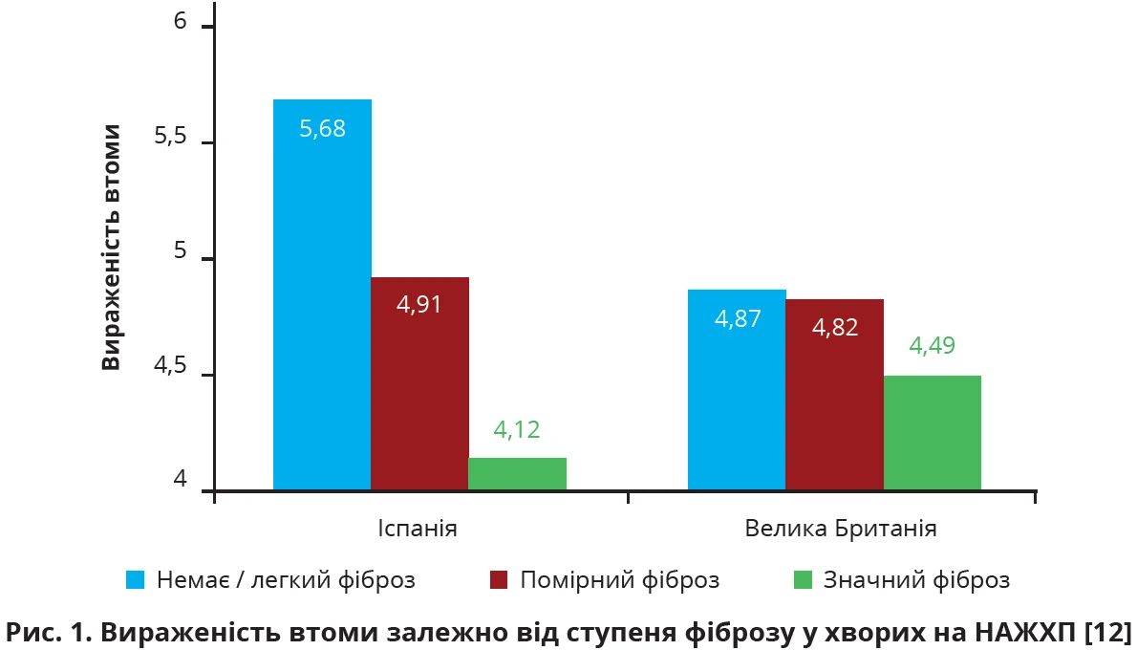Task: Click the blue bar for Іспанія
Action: [x=322, y=296]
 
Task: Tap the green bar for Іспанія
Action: [x=517, y=474]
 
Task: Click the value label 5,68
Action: [x=322, y=129]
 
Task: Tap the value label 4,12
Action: [x=517, y=430]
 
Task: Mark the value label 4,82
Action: [x=834, y=328]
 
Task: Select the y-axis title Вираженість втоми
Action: [x=112, y=247]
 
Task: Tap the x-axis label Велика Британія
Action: [x=834, y=529]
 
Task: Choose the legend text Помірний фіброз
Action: [x=619, y=580]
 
